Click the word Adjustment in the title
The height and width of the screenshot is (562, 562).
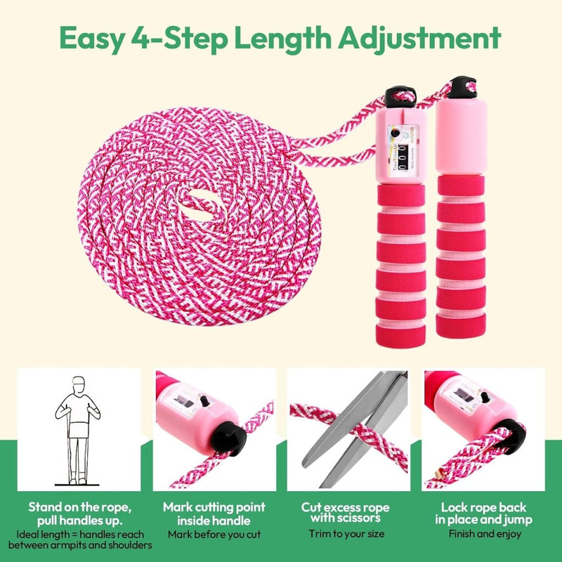[x=419, y=39]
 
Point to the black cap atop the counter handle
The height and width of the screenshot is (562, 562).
[x=400, y=96]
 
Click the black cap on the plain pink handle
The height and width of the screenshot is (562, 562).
[x=462, y=87]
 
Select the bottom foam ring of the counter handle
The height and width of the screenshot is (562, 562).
[x=400, y=336]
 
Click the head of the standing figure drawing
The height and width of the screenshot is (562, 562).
[x=79, y=384]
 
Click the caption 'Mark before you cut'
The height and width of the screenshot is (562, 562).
[x=214, y=535]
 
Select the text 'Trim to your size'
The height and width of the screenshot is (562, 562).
[x=346, y=534]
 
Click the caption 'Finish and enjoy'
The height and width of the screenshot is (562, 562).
[x=485, y=534]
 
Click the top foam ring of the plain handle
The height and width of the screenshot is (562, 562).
[x=461, y=185]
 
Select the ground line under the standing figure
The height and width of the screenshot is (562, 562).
[x=77, y=485]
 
